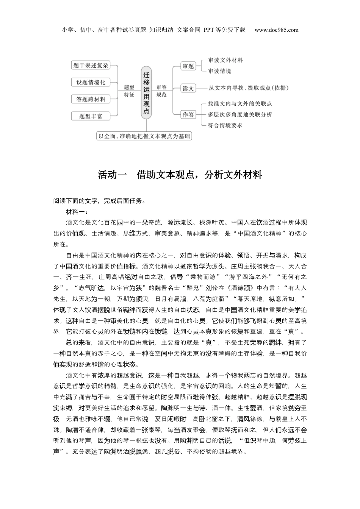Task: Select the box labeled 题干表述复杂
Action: point(91,66)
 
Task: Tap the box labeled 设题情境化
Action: point(91,82)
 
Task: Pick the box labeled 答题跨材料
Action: point(91,99)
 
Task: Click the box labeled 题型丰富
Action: point(91,116)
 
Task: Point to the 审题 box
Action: point(188,66)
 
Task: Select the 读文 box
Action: point(188,88)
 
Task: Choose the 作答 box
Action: point(188,114)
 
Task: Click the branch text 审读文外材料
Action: point(225,60)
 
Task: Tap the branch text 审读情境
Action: point(219,71)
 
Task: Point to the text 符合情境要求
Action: point(225,125)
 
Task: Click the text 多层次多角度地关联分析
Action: point(239,114)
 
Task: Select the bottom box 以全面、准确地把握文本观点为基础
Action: point(144,136)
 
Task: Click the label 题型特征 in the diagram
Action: point(129,91)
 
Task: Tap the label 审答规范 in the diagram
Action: point(161,91)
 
